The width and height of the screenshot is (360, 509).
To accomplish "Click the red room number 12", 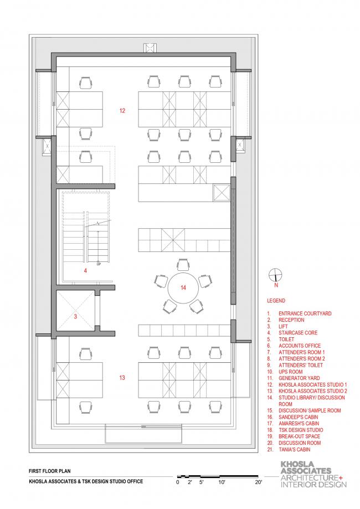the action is [122, 111].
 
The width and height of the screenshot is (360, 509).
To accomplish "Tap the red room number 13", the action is [122, 378].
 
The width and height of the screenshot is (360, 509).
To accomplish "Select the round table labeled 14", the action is [183, 288].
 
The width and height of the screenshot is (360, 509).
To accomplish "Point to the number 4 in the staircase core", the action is [85, 270].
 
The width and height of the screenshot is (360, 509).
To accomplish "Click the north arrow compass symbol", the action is [276, 275].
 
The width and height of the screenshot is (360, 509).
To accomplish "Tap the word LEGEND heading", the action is [276, 301].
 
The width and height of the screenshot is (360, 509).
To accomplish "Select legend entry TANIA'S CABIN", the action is [295, 450].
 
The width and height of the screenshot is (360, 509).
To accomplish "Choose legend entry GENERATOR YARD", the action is [299, 378].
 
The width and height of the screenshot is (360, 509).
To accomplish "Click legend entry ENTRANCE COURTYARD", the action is [305, 313].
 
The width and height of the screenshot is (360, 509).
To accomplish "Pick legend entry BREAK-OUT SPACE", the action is [299, 436].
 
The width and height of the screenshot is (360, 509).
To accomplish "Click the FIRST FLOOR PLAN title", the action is [50, 471].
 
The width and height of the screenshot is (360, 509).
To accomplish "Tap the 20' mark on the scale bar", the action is [259, 482].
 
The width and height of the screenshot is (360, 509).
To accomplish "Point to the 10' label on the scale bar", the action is [222, 482].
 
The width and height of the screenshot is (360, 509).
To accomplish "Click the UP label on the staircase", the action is [99, 264].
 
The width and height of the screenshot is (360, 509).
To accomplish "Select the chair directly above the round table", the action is [183, 264].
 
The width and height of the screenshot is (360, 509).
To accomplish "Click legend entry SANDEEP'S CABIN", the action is [299, 417].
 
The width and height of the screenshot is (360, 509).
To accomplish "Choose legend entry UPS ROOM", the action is [291, 372].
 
